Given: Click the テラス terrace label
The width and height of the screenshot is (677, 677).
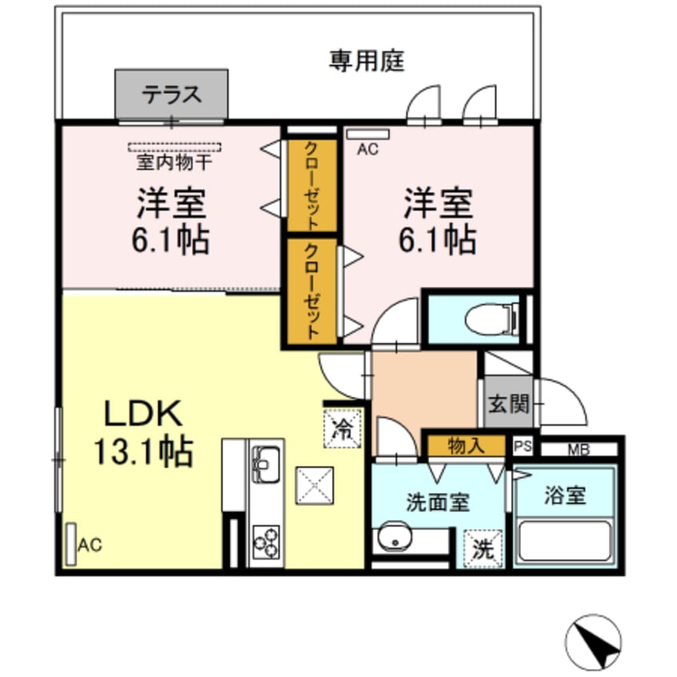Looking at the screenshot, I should pos(171,94).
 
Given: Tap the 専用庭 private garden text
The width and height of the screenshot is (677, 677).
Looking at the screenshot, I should pos(367,61).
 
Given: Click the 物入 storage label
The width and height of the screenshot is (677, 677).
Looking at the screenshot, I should pos(466,446).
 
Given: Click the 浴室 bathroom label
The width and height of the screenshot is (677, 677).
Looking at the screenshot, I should pos(565,496).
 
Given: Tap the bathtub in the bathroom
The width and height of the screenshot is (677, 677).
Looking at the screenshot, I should pos(566,542).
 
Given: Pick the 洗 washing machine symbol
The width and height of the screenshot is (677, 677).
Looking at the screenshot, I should pos(483,550).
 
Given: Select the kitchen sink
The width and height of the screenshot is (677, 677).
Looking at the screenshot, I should pos(265,461).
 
